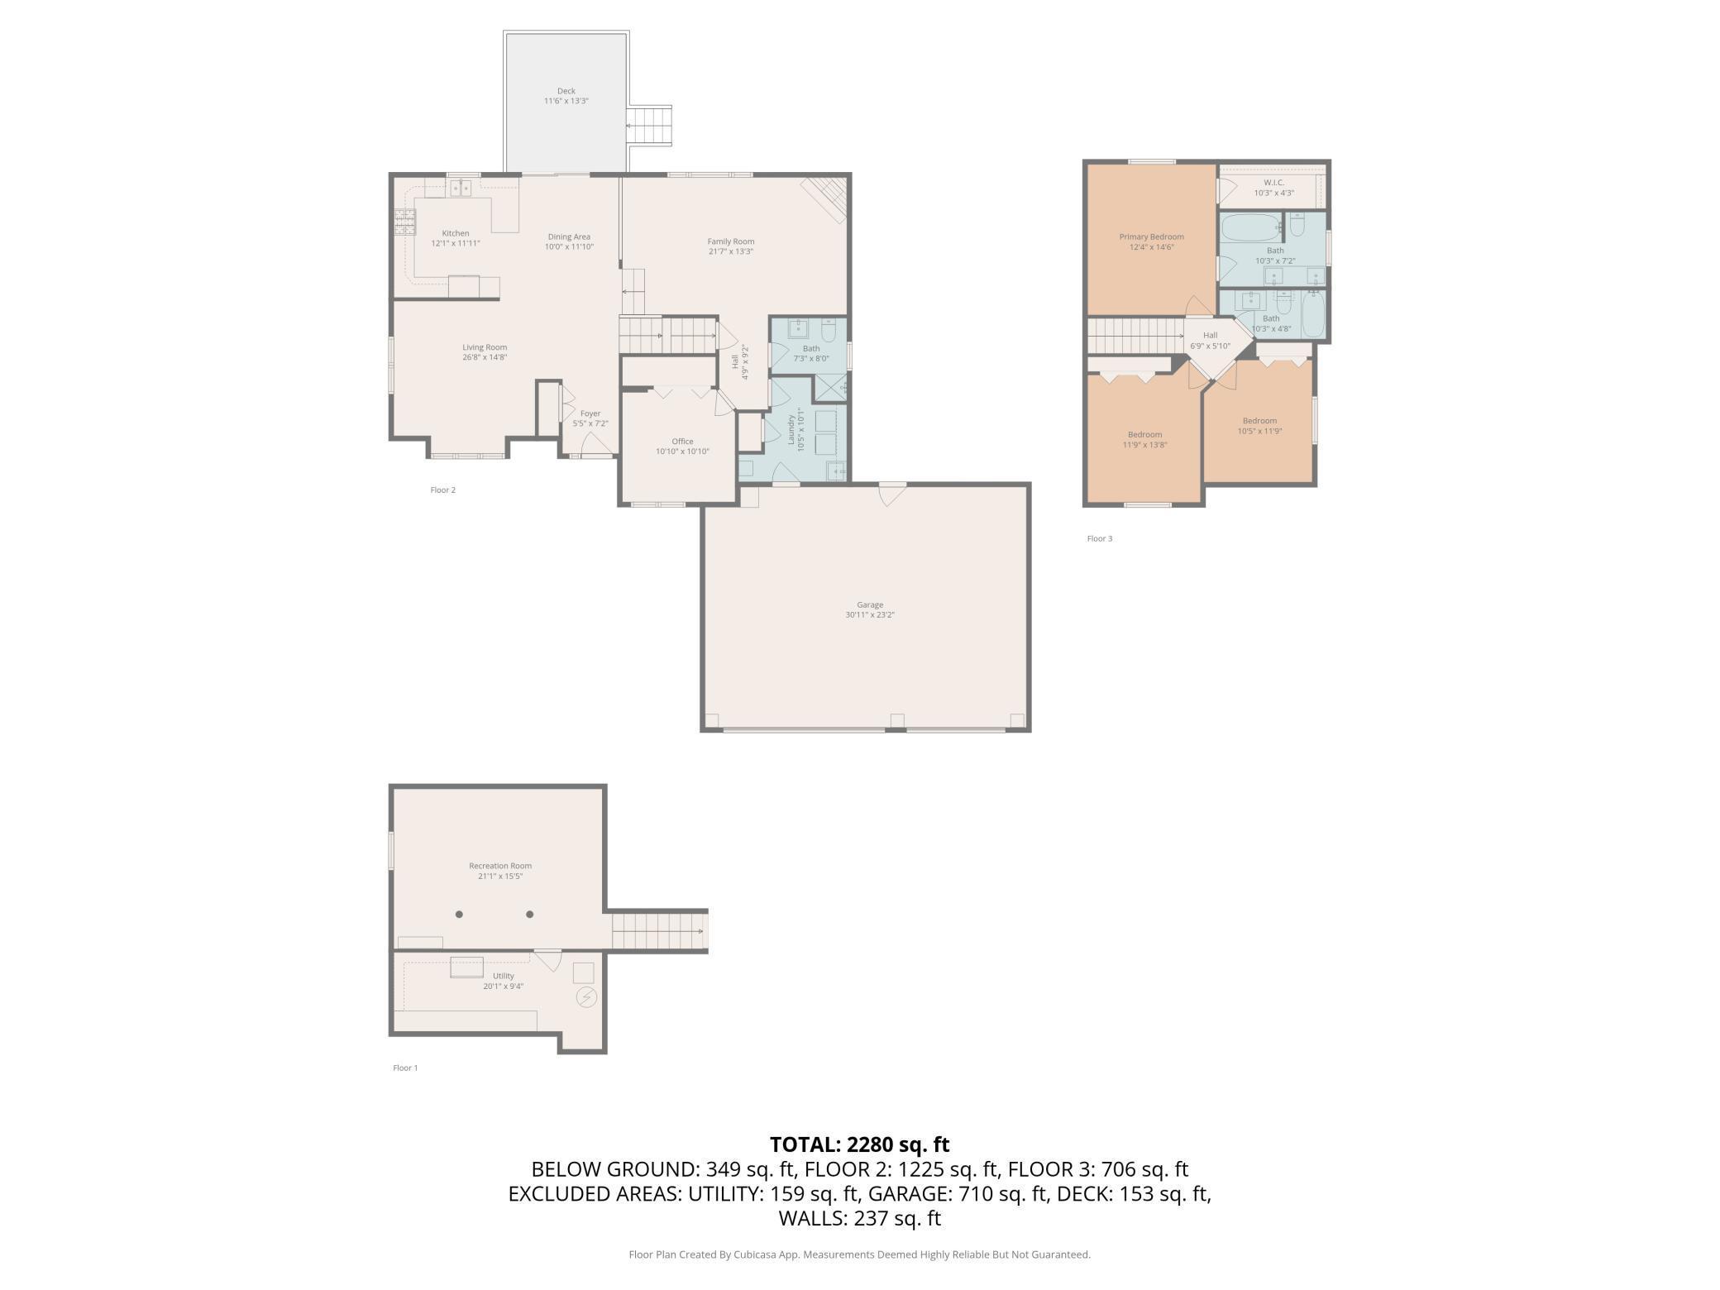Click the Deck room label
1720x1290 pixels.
(566, 91)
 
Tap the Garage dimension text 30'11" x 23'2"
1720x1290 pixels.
(870, 615)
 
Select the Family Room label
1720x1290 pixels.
(731, 241)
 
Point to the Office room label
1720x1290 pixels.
(682, 442)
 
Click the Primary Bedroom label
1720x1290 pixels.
(1152, 237)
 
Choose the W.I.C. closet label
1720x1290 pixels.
(1273, 183)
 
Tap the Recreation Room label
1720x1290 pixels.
(500, 867)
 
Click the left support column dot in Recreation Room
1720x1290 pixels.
(459, 915)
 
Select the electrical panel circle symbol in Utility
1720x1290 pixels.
(586, 997)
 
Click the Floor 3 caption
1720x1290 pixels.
(1100, 539)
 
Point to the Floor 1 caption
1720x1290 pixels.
(405, 1068)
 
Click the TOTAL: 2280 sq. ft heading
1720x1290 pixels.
(860, 1144)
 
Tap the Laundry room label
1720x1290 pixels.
(791, 430)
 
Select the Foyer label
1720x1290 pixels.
(590, 414)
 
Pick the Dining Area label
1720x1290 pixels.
(569, 237)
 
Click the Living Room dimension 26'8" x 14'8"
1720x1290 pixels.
(485, 358)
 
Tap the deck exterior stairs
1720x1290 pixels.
(648, 126)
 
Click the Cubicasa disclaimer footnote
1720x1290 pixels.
(860, 1254)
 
